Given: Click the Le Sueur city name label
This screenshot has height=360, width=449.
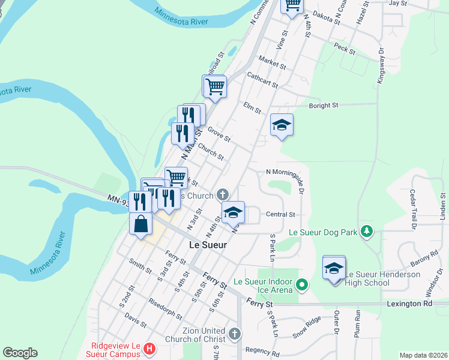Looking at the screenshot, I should coord(207,245).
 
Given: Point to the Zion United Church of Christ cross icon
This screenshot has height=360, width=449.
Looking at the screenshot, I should coord(234,332).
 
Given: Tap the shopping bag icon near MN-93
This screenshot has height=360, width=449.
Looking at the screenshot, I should coord(140,224).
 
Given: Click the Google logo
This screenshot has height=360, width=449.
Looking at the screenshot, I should coord(20,353).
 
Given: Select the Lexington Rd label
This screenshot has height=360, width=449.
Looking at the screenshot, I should coord(411,304).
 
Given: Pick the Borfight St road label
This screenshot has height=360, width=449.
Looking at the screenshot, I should coord(324,106).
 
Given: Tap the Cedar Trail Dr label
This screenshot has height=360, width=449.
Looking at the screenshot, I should coord(413,209).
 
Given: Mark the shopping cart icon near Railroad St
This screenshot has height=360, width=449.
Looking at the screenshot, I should coord(214,86).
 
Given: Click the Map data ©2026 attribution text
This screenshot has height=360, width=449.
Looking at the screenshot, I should coord(423,355).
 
